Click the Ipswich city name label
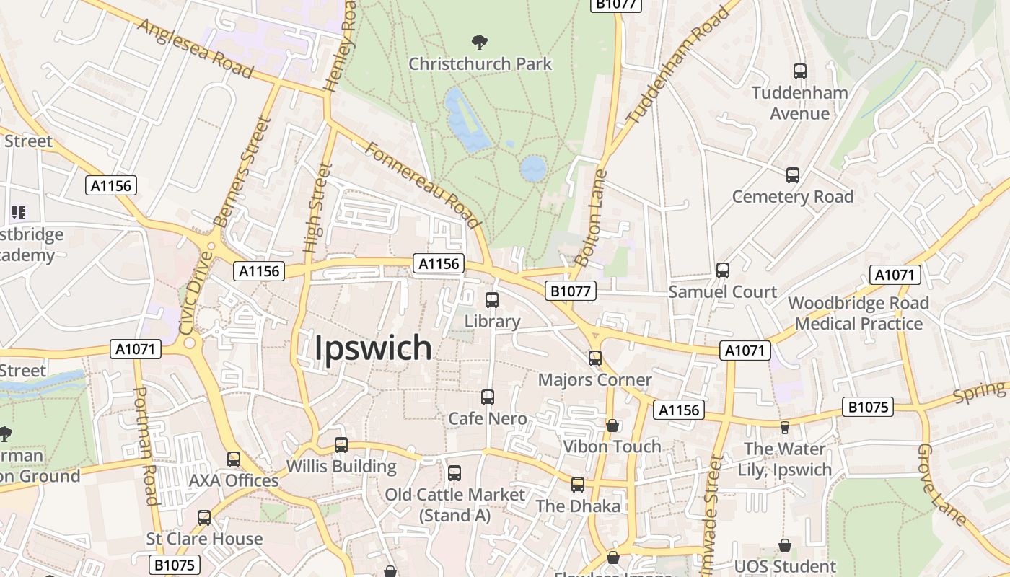pos(373,348)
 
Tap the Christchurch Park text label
pos(480,63)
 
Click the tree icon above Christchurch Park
pos(479,43)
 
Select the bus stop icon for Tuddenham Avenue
pos(799,71)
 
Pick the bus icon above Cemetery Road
pos(793,175)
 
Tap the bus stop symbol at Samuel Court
pos(723,270)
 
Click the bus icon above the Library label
pos(492,300)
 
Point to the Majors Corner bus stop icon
pos(595,358)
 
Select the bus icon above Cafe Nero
pos(488,397)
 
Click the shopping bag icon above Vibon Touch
pos(612,426)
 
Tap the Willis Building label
pos(341,466)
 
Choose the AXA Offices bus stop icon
pos(234,459)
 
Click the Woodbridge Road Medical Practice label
pos(858,313)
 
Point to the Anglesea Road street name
pos(195,48)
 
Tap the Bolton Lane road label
pos(591,218)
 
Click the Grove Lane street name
pos(941,485)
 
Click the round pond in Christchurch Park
pos(533,168)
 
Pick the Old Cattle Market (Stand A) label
pos(454,505)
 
